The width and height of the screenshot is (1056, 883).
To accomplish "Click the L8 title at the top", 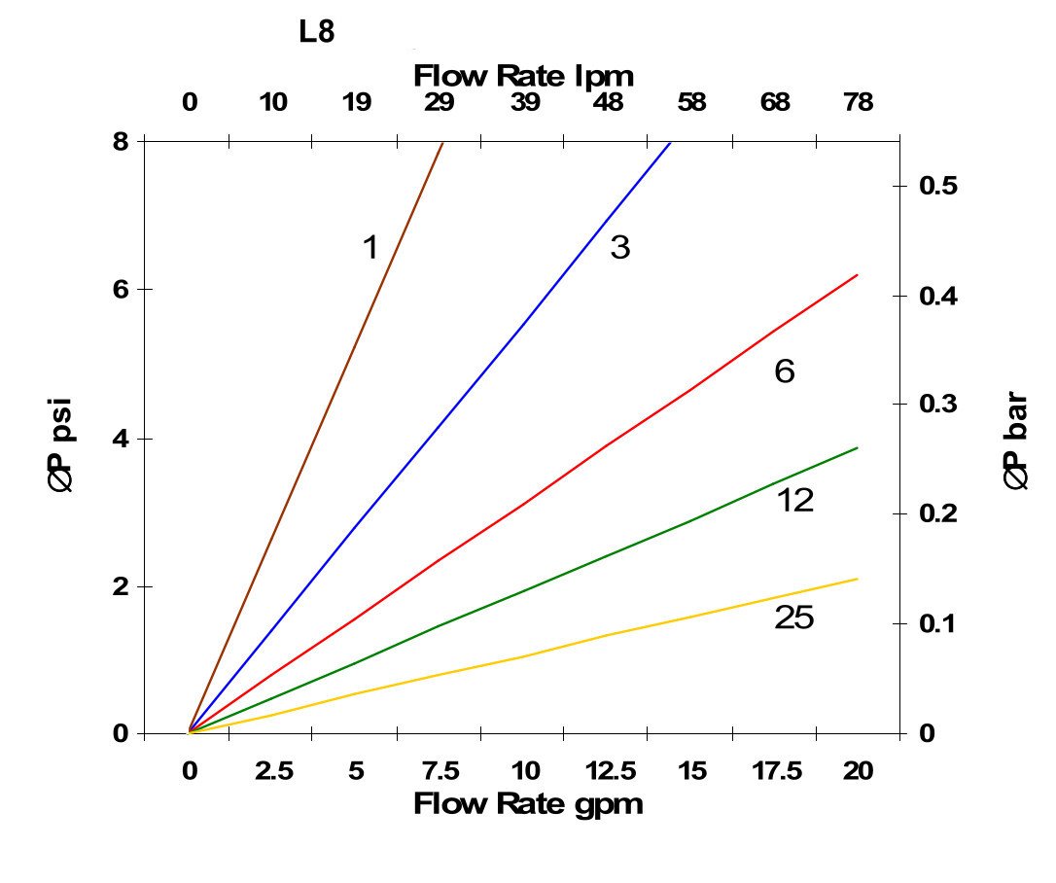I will pos(316,32).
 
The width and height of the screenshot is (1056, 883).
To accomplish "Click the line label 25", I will pos(793,618).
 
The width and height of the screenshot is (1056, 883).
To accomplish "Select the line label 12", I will pos(794,501).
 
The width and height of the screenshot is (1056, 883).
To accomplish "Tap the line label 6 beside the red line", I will pos(784,371).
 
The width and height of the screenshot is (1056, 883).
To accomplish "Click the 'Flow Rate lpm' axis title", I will pos(524,75).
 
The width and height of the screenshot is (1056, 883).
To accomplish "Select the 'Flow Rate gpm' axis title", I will pos(528,805).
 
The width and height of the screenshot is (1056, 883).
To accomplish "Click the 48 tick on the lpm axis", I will pos(608,102).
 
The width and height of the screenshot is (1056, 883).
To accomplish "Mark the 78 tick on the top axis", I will pos(858,102).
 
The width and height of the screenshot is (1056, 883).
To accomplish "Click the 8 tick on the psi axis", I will pos(121,142).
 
